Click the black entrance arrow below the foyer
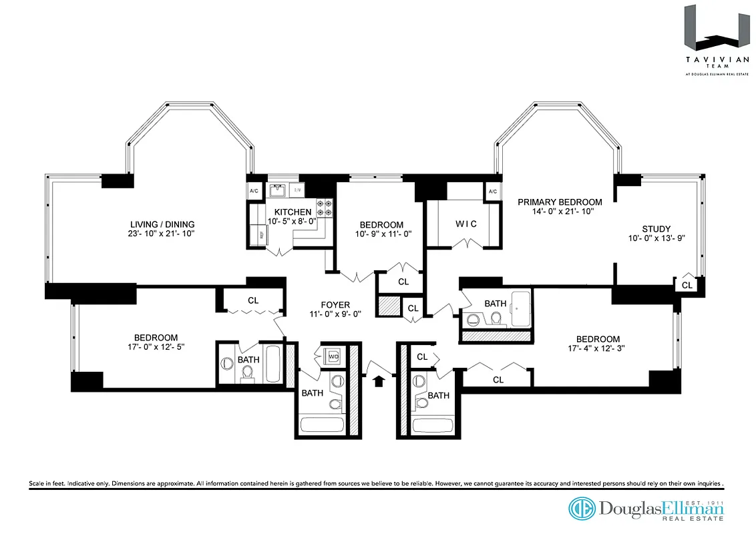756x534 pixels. pyautogui.click(x=379, y=381)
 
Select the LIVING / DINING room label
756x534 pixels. pyautogui.click(x=162, y=224)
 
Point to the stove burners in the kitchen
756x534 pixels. pyautogui.click(x=325, y=208)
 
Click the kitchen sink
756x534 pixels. pyautogui.click(x=278, y=191)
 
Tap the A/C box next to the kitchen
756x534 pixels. pyautogui.click(x=254, y=190)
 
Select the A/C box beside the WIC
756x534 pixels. pyautogui.click(x=493, y=192)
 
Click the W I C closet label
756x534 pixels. pyautogui.click(x=466, y=224)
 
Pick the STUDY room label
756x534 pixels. pyautogui.click(x=656, y=228)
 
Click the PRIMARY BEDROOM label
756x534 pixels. pyautogui.click(x=560, y=202)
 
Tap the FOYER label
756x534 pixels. pyautogui.click(x=335, y=305)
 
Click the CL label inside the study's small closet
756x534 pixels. pyautogui.click(x=687, y=285)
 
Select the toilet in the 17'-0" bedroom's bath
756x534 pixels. pyautogui.click(x=246, y=375)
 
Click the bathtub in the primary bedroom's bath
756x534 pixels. pyautogui.click(x=520, y=308)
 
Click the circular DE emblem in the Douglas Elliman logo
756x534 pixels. pyautogui.click(x=582, y=509)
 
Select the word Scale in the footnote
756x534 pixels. pyautogui.click(x=38, y=483)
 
